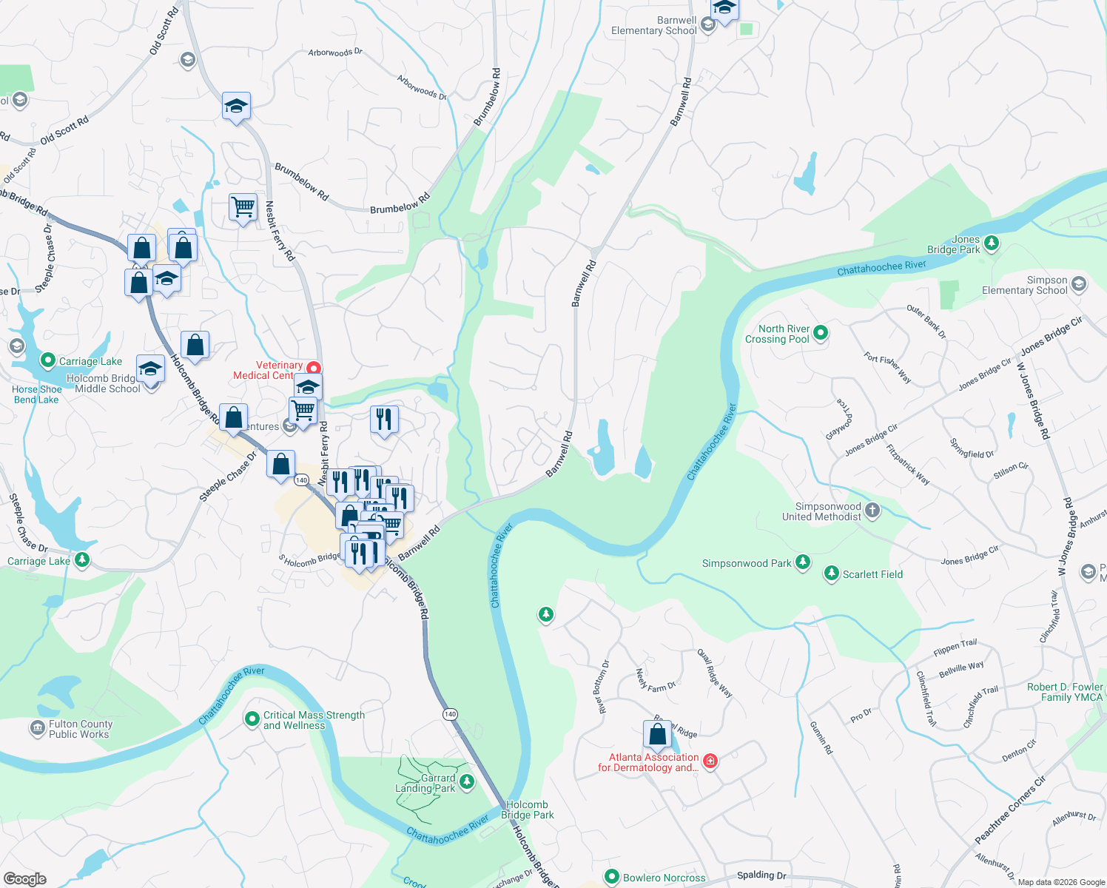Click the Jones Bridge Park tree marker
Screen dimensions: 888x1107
point(992,243)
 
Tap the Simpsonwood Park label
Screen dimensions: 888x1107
point(746,563)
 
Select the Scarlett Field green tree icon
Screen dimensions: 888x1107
point(832,573)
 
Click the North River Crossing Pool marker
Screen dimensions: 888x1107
point(820,334)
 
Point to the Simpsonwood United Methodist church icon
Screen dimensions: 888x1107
point(872,510)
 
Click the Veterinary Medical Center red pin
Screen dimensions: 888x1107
point(314,368)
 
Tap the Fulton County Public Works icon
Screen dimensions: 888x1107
point(37,729)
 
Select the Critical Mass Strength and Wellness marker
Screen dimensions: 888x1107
point(252,718)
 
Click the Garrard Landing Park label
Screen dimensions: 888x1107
point(425,783)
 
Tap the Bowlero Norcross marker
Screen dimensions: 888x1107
point(611,877)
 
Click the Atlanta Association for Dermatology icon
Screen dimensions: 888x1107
point(710,761)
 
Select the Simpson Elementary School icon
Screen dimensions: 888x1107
point(1078,284)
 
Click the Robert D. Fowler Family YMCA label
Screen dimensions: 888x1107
point(1064,692)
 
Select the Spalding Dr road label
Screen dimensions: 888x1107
point(761,875)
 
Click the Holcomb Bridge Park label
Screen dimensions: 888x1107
point(527,810)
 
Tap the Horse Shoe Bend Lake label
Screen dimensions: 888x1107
point(36,394)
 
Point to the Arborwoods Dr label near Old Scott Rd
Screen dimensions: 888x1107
point(335,53)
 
